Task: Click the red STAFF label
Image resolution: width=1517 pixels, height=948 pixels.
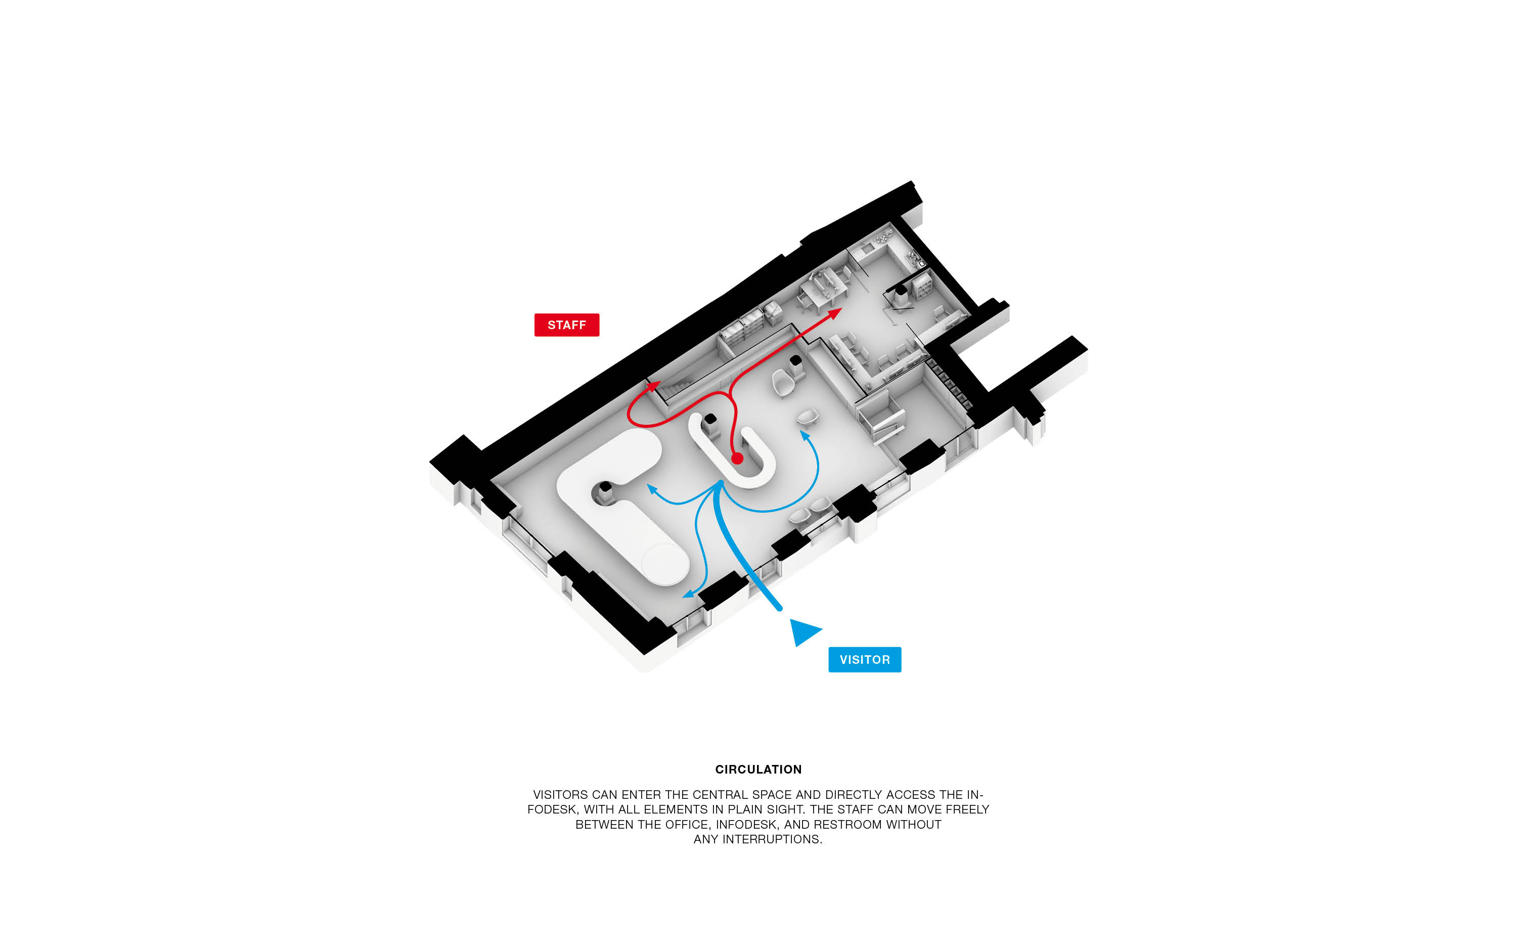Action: coord(566,325)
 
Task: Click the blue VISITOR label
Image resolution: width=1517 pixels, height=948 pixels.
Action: coord(865,660)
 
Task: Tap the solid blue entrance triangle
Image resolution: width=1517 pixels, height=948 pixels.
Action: coord(803,631)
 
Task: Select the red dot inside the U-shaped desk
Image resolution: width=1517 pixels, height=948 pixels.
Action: coord(737,458)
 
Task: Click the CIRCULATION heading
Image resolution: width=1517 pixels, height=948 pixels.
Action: coord(758,770)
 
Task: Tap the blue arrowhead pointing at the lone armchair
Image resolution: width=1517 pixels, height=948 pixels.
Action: coord(804,434)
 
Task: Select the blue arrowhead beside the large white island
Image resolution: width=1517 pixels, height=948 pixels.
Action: coord(651,488)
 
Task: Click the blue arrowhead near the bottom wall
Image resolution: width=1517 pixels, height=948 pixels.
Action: coord(688,593)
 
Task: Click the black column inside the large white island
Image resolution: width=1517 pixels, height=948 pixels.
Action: coord(605,487)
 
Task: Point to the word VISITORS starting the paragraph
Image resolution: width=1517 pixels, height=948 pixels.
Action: coord(560,794)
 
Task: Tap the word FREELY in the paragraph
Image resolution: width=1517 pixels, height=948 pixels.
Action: coord(967,809)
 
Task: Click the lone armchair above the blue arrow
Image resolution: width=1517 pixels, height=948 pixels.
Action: coord(808,416)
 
